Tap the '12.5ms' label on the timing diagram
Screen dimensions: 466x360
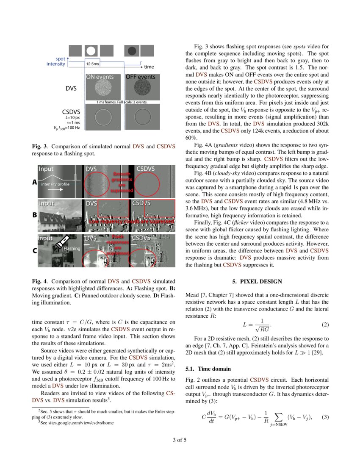(x=93, y=64)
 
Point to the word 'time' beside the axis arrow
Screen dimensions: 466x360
(x=149, y=67)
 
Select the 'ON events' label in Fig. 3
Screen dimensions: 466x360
(x=100, y=77)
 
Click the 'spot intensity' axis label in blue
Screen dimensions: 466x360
(x=56, y=61)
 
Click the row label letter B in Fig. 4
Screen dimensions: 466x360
(x=34, y=215)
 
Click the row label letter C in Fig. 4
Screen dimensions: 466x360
(x=34, y=251)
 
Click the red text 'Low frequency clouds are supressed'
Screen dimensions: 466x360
(x=131, y=222)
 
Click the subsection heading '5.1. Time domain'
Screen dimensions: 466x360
(x=208, y=369)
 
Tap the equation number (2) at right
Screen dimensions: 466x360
(x=325, y=325)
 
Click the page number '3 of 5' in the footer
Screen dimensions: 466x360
(x=180, y=440)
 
